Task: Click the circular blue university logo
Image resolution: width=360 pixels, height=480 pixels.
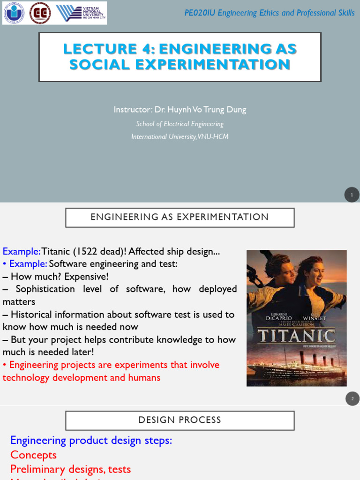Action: pyautogui.click(x=14, y=13)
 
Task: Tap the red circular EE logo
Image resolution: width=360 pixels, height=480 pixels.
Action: pyautogui.click(x=40, y=13)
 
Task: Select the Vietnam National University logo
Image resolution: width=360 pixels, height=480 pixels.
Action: pyautogui.click(x=81, y=13)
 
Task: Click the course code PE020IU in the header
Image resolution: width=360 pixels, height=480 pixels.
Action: pyautogui.click(x=200, y=13)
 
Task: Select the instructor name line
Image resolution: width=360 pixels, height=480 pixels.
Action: pyautogui.click(x=180, y=110)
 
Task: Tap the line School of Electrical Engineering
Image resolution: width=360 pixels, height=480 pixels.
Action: pyautogui.click(x=180, y=124)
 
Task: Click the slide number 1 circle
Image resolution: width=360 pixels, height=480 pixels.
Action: pyautogui.click(x=352, y=195)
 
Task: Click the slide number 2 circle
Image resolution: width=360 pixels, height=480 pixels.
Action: pyautogui.click(x=352, y=398)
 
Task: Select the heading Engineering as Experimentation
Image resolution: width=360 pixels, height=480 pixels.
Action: pyautogui.click(x=180, y=217)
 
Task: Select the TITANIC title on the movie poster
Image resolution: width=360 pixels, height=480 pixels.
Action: pyautogui.click(x=297, y=336)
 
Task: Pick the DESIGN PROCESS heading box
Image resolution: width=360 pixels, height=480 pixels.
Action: pyautogui.click(x=180, y=420)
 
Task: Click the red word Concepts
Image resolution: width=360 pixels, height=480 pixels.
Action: pyautogui.click(x=33, y=455)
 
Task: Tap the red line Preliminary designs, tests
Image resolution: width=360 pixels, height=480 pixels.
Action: pyautogui.click(x=70, y=469)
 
